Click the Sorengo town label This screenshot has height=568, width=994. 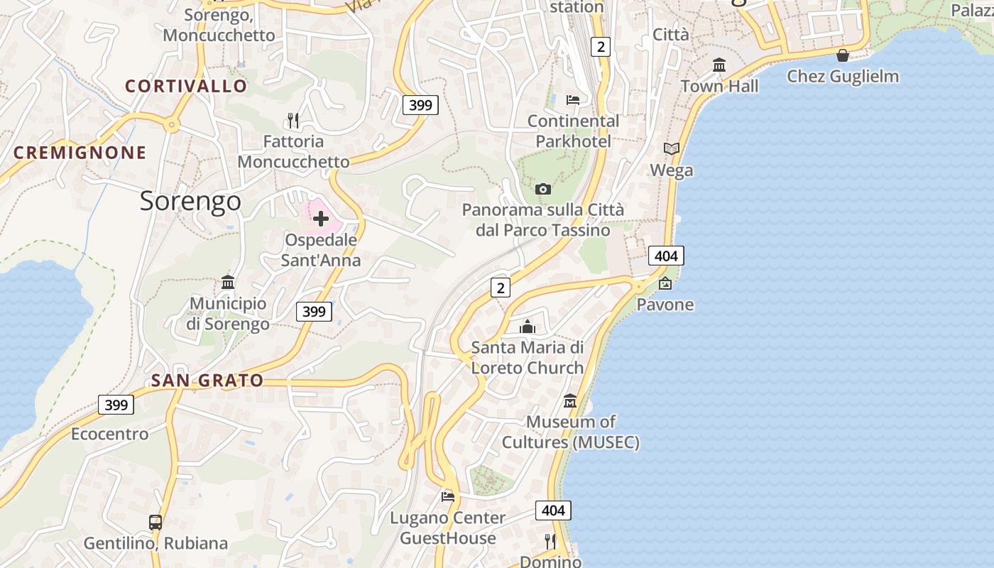coord(190,202)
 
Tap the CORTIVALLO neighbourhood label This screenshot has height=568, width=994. coord(186,87)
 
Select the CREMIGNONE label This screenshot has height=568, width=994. coord(80,153)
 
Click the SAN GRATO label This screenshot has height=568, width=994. coord(207,381)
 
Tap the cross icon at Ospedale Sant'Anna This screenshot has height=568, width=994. coord(321,219)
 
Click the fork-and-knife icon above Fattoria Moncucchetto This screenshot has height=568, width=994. coord(293,120)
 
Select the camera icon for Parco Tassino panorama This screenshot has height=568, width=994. coord(543,189)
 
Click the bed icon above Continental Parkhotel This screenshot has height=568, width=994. coord(573,99)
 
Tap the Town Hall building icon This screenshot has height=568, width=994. coord(719,65)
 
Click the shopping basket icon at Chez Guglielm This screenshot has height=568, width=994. coord(843,55)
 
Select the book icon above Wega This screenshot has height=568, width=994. coord(671,148)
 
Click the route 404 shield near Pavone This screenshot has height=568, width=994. coord(666,256)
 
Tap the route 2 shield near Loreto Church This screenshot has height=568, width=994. coord(501,288)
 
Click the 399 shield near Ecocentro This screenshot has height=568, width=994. coord(116,405)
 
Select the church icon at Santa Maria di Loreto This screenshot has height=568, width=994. coord(528,327)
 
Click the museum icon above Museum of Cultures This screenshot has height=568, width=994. coord(570,401)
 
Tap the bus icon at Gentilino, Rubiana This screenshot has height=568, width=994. coord(155,523)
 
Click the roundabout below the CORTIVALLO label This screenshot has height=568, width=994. coord(171,126)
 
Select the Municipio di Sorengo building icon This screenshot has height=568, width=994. coord(228,283)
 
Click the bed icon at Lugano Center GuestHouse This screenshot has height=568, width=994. coord(447,496)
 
